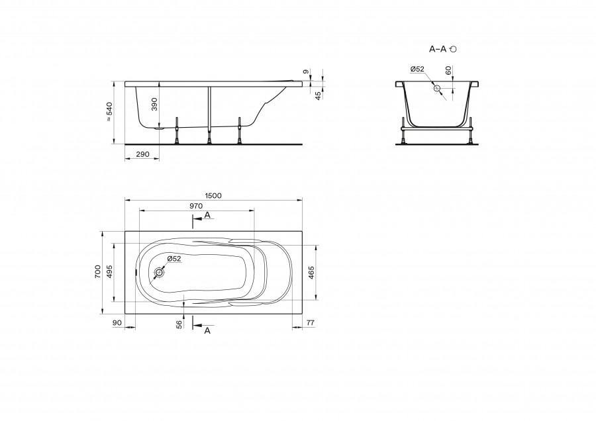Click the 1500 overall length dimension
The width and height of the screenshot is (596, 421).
point(213,196)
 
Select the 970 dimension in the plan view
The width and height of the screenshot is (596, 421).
point(196,206)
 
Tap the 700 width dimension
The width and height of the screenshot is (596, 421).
point(98,272)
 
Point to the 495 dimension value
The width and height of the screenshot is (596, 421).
point(110,272)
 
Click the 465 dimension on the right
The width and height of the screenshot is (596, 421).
point(311,273)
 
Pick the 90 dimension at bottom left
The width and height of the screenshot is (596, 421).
point(117,322)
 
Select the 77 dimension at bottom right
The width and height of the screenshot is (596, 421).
point(311,322)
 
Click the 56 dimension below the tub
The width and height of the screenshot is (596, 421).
point(179,324)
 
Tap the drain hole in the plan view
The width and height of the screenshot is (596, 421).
point(159,273)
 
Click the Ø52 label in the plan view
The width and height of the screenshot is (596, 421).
point(174,259)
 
